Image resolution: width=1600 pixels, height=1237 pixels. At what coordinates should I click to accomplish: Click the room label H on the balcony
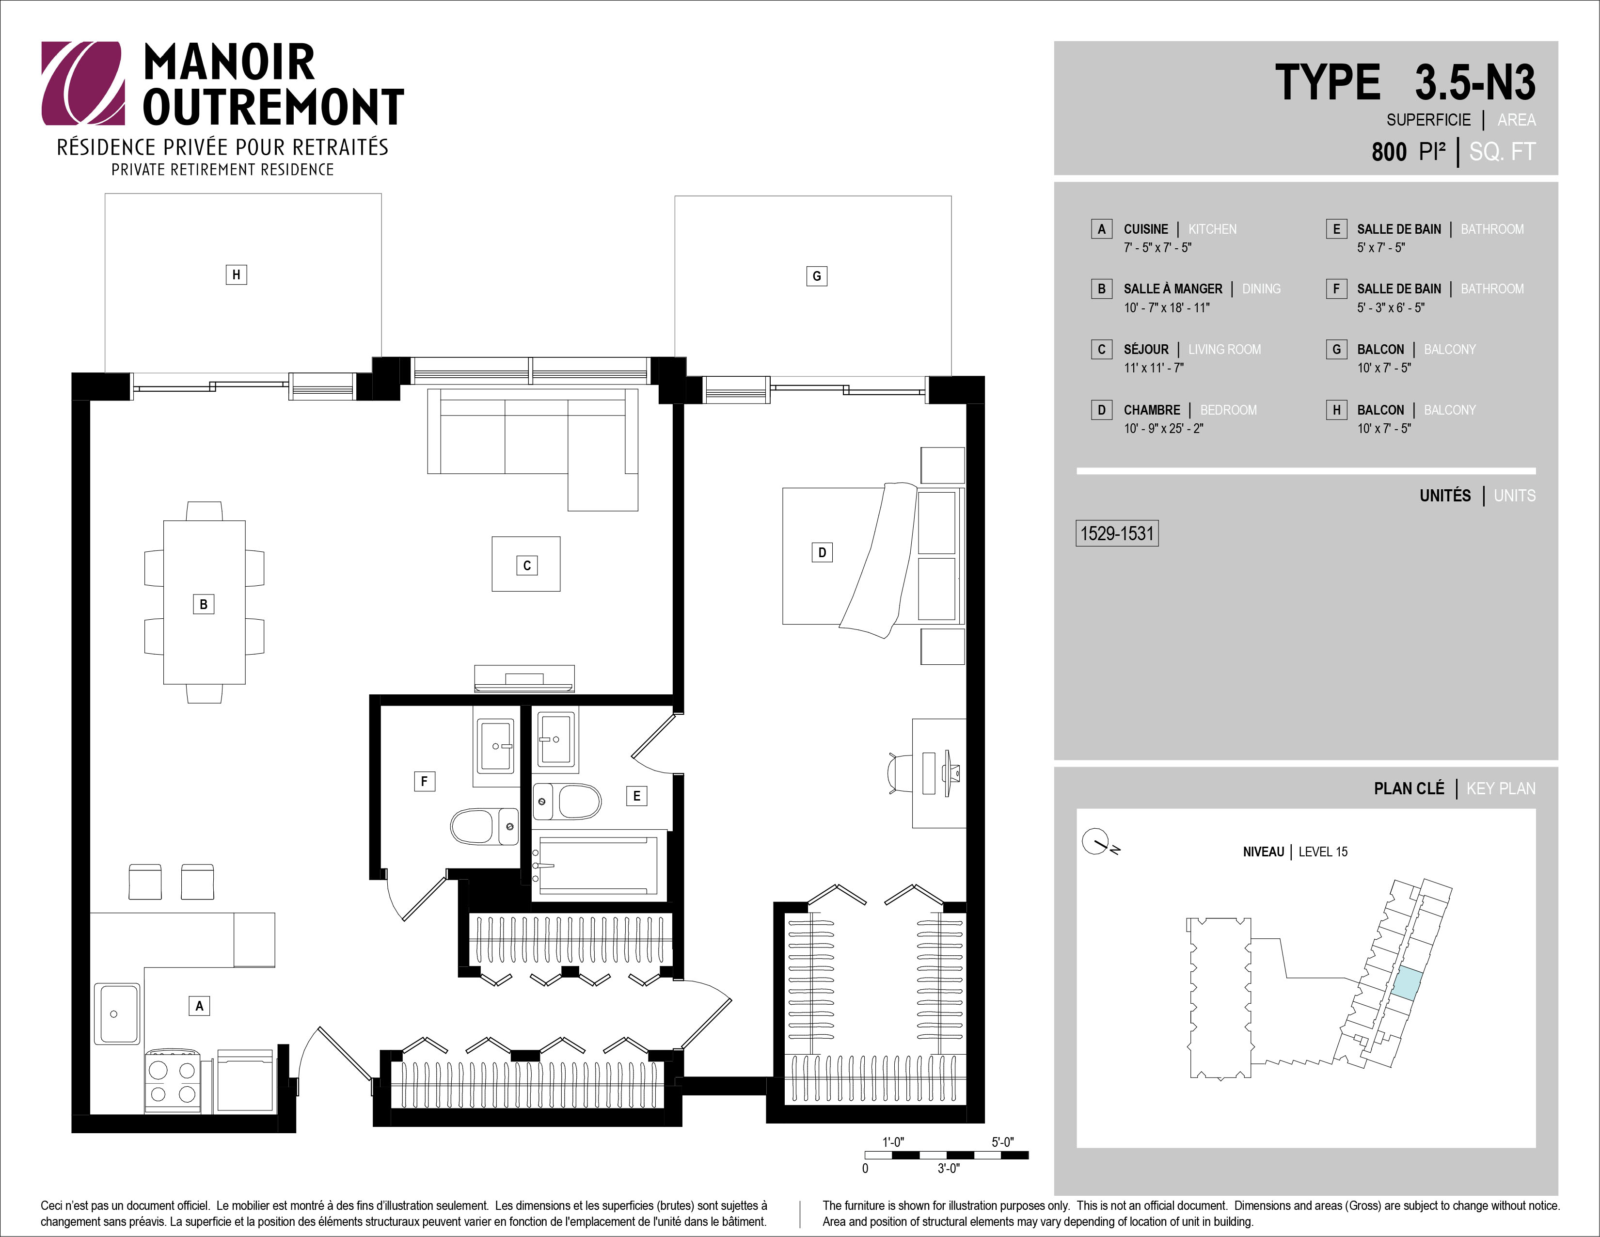[x=236, y=275]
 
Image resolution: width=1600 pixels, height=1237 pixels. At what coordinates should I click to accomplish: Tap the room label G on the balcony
[x=817, y=276]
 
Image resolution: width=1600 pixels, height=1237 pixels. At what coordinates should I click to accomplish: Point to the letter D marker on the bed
[x=822, y=552]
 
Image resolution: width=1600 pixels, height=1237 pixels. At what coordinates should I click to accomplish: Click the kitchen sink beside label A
[x=117, y=1013]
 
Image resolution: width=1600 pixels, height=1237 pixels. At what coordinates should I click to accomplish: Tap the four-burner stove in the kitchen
[x=172, y=1081]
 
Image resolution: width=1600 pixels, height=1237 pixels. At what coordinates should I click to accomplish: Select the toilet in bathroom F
[x=484, y=827]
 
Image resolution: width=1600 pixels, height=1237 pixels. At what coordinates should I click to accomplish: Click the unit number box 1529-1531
[x=1116, y=533]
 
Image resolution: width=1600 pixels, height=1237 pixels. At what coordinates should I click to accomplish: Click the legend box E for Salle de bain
[x=1336, y=229]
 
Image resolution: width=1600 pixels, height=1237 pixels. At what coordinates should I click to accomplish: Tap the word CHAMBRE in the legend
[x=1152, y=410]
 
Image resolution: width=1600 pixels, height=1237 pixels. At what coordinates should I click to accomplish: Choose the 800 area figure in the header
[x=1389, y=152]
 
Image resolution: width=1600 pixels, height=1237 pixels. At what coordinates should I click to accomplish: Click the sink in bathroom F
[x=495, y=746]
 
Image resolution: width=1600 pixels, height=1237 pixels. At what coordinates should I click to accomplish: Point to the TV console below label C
[x=524, y=678]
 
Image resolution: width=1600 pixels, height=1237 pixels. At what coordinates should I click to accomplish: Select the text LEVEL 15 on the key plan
[x=1323, y=851]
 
